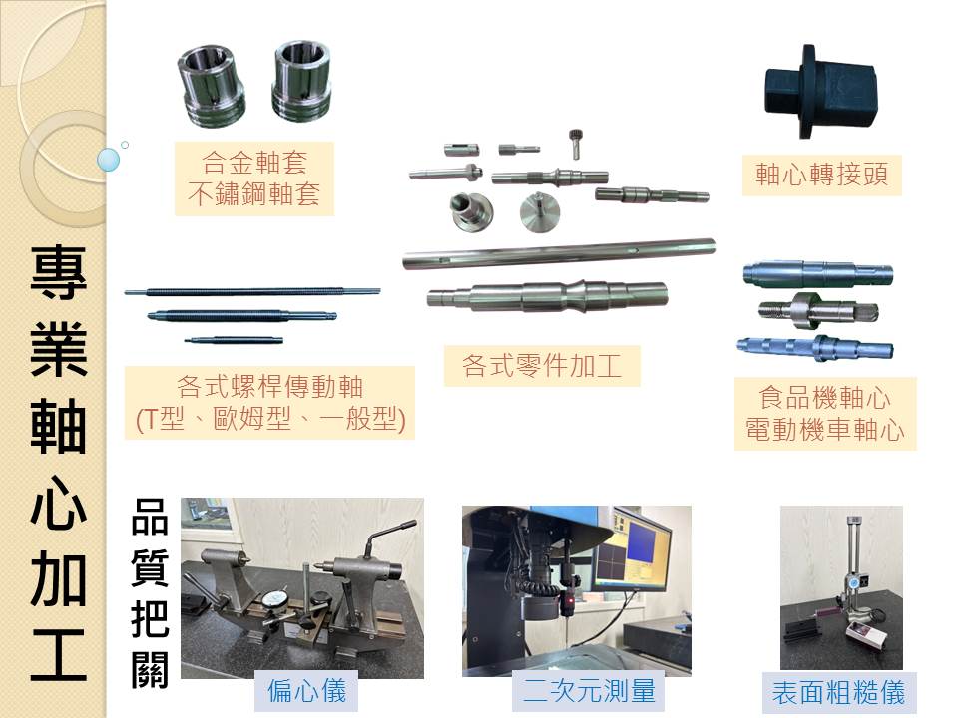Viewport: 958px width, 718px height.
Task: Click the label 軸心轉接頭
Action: pos(821,175)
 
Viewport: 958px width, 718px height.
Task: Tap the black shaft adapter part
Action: pos(821,92)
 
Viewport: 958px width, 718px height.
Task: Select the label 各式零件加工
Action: pos(541,366)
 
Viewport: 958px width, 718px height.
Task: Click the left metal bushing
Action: pos(212,85)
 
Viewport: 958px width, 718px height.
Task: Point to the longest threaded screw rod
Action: pos(252,292)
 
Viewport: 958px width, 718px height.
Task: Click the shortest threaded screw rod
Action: pos(234,339)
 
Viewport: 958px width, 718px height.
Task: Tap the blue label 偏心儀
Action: pos(306,691)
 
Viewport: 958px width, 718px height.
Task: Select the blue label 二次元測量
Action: pos(589,690)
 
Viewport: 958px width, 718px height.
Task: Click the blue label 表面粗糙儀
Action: pos(839,693)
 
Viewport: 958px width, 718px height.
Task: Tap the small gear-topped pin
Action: pos(575,144)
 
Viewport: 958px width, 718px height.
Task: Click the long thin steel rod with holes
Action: pos(559,252)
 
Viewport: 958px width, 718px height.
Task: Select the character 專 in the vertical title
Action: pos(59,273)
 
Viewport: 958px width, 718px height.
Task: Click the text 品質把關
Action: pos(150,592)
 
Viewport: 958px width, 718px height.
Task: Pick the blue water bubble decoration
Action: pos(108,160)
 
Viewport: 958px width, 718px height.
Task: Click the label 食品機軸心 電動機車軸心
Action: pos(825,413)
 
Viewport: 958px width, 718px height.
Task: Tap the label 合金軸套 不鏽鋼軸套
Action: pos(254,179)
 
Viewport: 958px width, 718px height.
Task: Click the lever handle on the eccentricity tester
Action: pos(389,538)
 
